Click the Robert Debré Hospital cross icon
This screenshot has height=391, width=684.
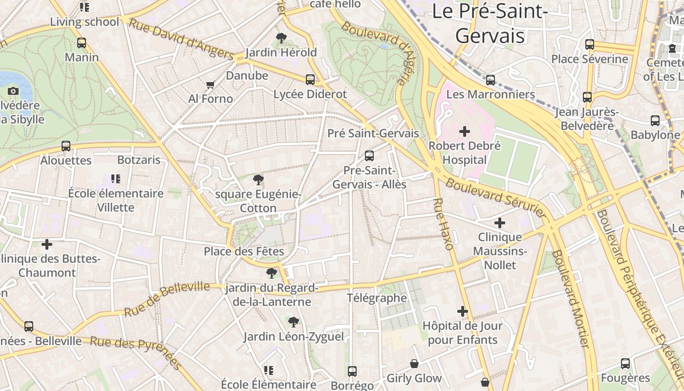465,131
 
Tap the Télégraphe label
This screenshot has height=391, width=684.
377,298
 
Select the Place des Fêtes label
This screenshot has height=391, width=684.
244,251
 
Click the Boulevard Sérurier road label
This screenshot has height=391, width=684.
496,197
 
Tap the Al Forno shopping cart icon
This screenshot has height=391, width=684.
211,85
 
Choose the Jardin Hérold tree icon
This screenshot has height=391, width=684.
281,38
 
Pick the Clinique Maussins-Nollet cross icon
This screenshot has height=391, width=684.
499,223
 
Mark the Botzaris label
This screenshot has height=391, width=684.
139,160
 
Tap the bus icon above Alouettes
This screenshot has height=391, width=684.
66,146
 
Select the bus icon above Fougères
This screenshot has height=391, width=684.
625,364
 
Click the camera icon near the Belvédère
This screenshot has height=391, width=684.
13,91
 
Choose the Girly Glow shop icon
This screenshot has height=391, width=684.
414,364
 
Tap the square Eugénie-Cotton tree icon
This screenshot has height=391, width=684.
258,180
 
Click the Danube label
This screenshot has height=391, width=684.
247,75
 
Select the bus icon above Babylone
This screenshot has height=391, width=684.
655,121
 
